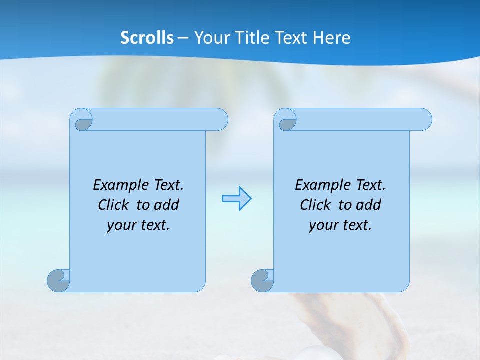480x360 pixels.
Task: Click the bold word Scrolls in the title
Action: click(147, 38)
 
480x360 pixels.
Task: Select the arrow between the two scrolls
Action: click(236, 199)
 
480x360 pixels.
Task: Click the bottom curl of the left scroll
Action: click(58, 280)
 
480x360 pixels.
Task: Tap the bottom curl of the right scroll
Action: click(262, 280)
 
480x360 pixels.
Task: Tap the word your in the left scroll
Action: click(120, 226)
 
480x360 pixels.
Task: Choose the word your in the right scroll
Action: click(322, 226)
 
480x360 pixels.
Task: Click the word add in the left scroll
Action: click(167, 205)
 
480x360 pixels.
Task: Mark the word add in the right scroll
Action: click(369, 205)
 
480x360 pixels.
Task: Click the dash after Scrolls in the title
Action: click(183, 38)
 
